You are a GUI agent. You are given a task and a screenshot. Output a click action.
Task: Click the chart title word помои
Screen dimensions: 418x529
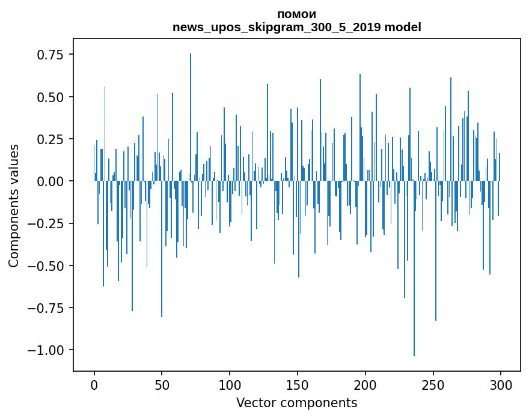pos(296,14)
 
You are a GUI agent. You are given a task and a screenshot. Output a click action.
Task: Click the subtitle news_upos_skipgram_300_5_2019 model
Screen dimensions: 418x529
pos(296,27)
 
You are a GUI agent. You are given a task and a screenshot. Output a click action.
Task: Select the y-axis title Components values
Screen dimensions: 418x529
pos(14,205)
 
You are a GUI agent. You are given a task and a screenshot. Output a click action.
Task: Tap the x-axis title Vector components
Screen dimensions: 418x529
pos(296,403)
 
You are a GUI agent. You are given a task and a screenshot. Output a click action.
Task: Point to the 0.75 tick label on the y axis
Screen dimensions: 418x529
pos(50,55)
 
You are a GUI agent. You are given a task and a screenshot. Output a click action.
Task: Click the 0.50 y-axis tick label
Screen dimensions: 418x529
pos(50,97)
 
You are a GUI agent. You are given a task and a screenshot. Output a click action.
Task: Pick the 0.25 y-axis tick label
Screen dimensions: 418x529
pos(50,139)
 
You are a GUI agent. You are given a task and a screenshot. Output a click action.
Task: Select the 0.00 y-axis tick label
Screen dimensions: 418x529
pos(50,181)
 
